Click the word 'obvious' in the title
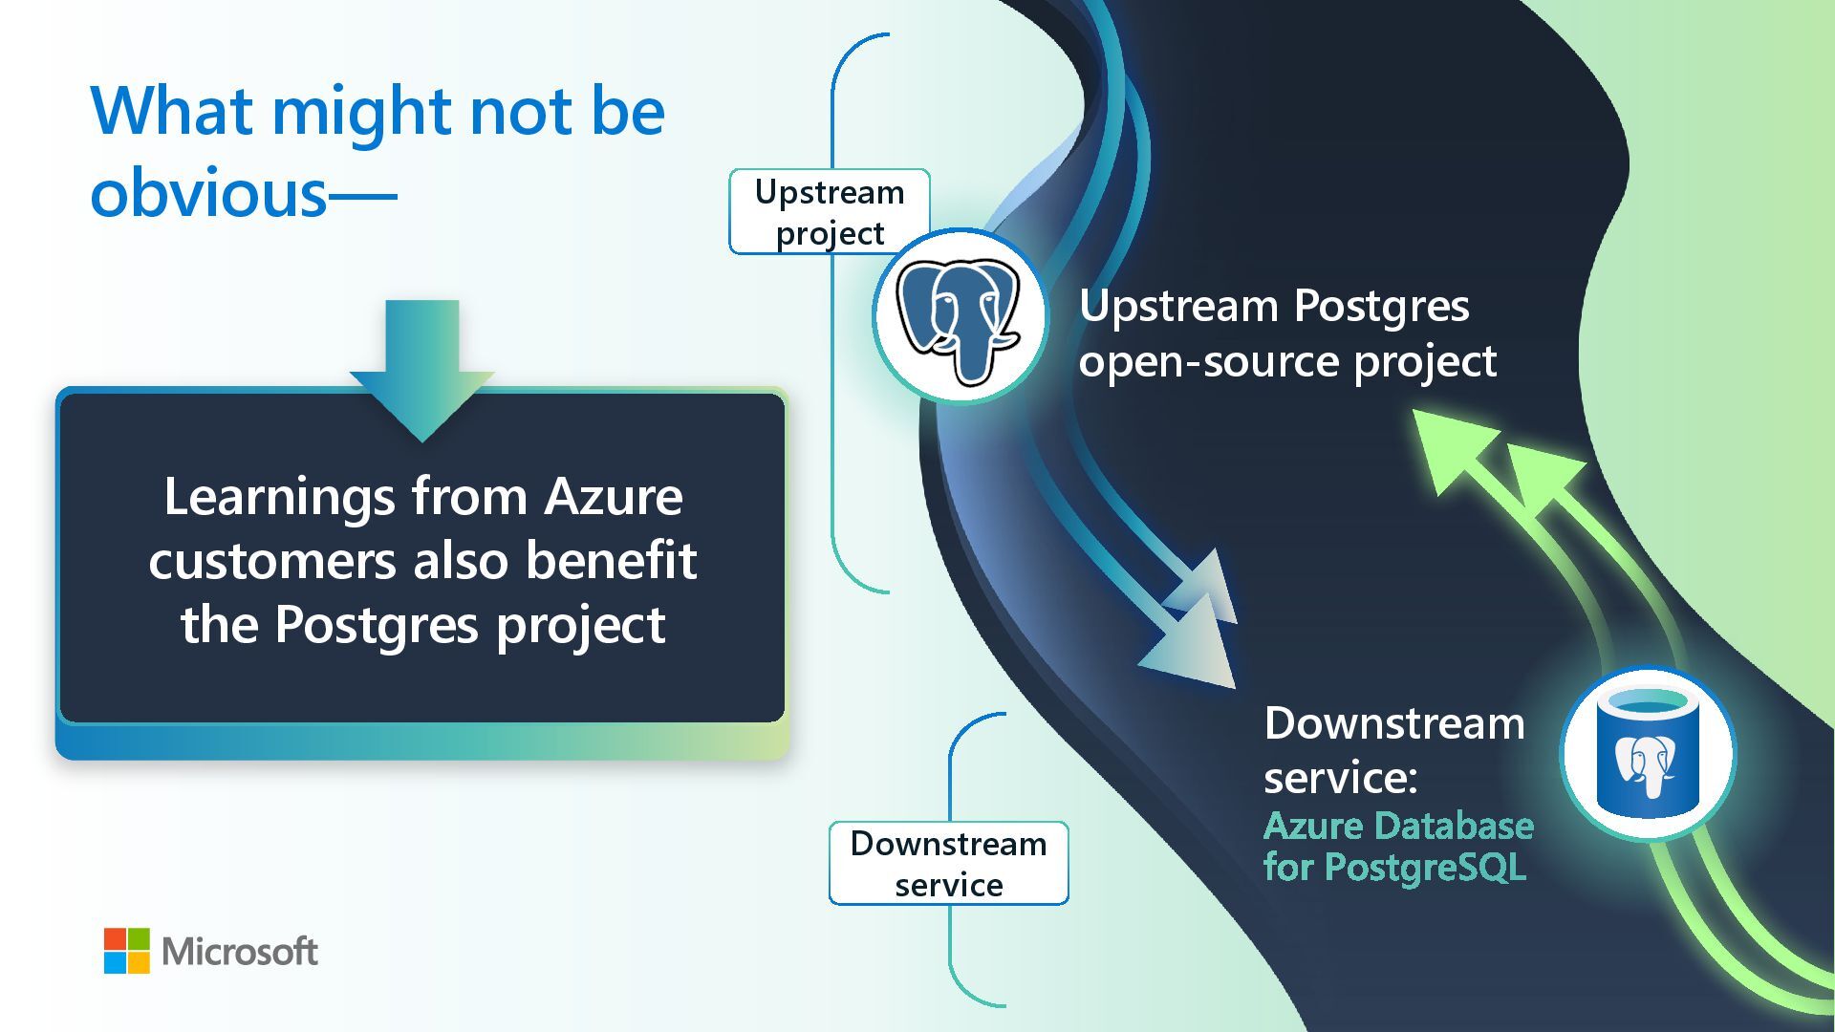click(x=208, y=193)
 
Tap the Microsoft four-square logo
click(x=127, y=951)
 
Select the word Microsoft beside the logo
click(x=240, y=952)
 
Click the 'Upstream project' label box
click(x=829, y=212)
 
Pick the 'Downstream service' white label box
click(x=948, y=863)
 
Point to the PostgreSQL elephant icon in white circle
click(x=960, y=317)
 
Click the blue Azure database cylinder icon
click(x=1647, y=754)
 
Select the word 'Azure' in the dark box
click(x=613, y=497)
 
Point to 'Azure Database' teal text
click(x=1398, y=826)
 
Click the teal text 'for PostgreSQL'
click(x=1394, y=868)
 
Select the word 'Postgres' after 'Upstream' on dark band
click(x=1381, y=306)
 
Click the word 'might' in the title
click(x=361, y=114)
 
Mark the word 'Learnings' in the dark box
click(x=278, y=497)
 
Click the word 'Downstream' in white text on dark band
click(x=1393, y=723)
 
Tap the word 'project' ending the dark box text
click(x=580, y=626)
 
